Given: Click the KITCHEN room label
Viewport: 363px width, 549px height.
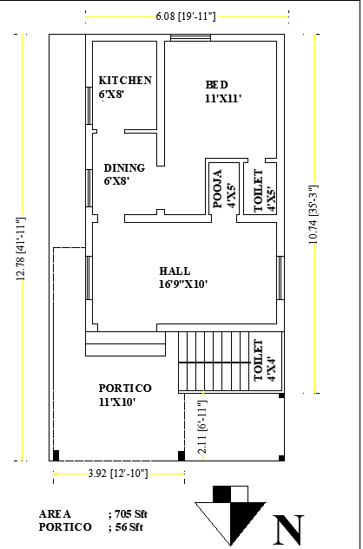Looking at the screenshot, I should click(125, 81).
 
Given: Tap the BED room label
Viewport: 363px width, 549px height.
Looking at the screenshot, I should click(217, 84).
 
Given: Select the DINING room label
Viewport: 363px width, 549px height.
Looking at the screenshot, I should click(124, 168).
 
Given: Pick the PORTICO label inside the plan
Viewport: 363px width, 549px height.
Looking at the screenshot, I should click(125, 388).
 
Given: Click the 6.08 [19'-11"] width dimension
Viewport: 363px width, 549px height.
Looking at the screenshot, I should click(186, 16).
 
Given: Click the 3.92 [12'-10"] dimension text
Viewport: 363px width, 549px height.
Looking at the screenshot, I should click(118, 474).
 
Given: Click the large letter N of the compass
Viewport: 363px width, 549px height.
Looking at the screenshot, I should click(289, 528).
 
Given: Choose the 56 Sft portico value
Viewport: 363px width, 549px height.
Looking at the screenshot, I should click(128, 526).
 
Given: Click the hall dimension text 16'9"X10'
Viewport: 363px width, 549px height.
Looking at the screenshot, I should click(183, 284).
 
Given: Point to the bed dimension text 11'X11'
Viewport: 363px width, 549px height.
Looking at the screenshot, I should click(222, 98).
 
